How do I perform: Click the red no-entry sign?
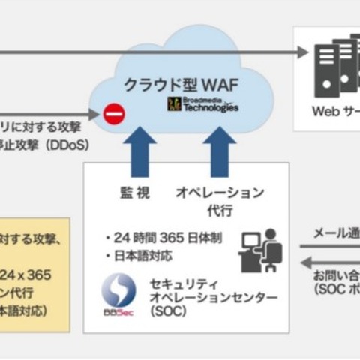coord(114,115)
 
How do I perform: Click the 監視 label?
coord(135,193)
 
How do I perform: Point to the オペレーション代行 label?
coord(219,202)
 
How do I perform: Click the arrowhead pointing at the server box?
coord(303,52)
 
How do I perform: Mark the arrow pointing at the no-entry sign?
coord(93,115)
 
